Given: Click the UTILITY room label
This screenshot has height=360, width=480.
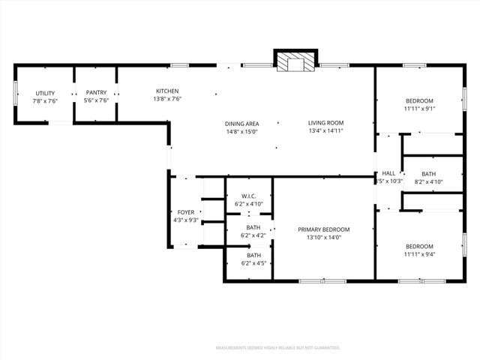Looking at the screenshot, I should [x=44, y=93].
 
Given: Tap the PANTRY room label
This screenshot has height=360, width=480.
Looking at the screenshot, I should [x=96, y=93].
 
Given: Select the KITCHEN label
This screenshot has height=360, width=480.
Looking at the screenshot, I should [x=166, y=91].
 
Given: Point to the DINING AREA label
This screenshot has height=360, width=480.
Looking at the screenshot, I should [x=241, y=124].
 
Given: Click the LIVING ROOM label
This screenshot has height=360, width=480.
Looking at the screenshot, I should [x=325, y=123].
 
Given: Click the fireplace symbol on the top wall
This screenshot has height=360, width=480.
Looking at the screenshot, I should [x=295, y=62].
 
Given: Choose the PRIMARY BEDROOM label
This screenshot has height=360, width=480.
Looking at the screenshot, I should [x=324, y=229].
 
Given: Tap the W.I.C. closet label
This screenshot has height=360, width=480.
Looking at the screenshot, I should [x=249, y=196].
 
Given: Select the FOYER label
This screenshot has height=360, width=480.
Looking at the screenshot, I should [x=185, y=212].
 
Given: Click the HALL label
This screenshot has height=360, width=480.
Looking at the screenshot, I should [x=388, y=173].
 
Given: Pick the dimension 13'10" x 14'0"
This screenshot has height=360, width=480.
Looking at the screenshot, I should [x=324, y=237].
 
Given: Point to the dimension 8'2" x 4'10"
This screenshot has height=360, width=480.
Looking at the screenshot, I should [x=428, y=181].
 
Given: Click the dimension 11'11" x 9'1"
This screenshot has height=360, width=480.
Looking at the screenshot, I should [x=419, y=108].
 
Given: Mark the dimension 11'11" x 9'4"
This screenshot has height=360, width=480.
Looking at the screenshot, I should [x=419, y=253].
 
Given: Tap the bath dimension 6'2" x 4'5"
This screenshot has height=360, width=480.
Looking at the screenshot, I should [x=254, y=263].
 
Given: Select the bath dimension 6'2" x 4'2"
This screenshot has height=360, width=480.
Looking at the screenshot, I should [x=254, y=235].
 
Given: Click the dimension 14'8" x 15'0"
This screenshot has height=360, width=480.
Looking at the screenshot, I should [x=241, y=131].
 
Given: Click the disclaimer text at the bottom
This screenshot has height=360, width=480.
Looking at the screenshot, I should [x=277, y=348].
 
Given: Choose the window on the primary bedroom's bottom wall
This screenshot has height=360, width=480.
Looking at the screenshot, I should [x=322, y=280].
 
